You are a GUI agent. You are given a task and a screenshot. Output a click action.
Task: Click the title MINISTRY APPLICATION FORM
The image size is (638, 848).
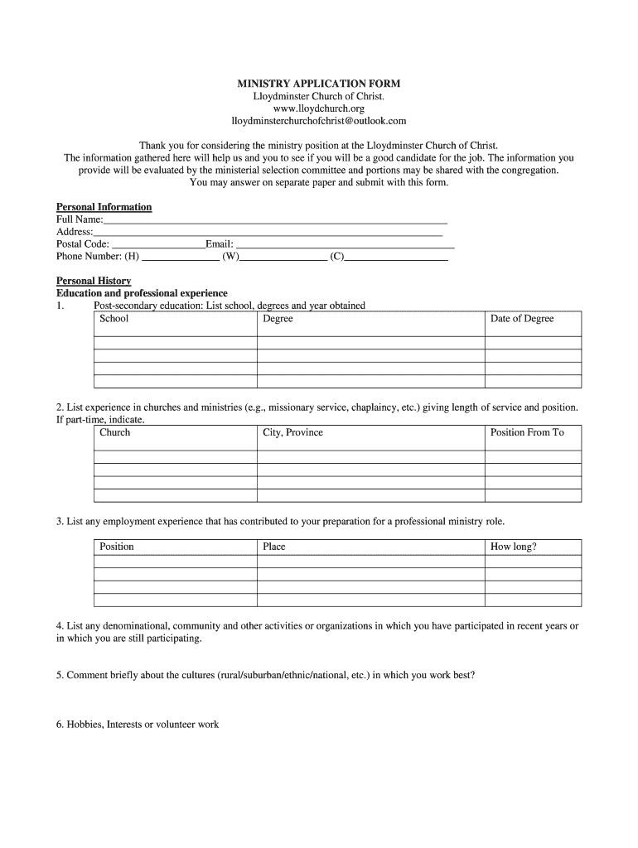coord(319,84)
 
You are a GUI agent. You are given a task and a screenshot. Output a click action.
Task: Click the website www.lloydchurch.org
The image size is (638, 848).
coord(319,108)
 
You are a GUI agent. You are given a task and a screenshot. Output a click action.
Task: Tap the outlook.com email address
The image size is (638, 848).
coord(319,121)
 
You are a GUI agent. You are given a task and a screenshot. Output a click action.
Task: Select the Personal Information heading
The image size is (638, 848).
coord(104,207)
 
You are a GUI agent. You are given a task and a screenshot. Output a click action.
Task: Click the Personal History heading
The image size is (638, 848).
coord(94,282)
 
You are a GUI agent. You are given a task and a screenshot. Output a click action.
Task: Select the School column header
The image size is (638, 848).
coord(114,319)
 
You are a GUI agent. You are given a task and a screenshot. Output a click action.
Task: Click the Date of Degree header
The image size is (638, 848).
coord(522,319)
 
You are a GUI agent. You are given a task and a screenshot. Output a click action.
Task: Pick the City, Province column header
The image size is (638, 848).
coord(292,433)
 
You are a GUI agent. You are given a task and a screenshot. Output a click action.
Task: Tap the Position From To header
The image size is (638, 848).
coord(527,433)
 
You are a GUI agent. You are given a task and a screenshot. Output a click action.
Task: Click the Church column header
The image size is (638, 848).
coord(115,433)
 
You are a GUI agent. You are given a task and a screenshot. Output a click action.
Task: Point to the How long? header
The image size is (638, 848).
coord(514,547)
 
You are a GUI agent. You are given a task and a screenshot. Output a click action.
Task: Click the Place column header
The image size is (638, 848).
coord(274,547)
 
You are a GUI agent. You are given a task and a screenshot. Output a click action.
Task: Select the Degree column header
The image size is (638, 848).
coord(278,319)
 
